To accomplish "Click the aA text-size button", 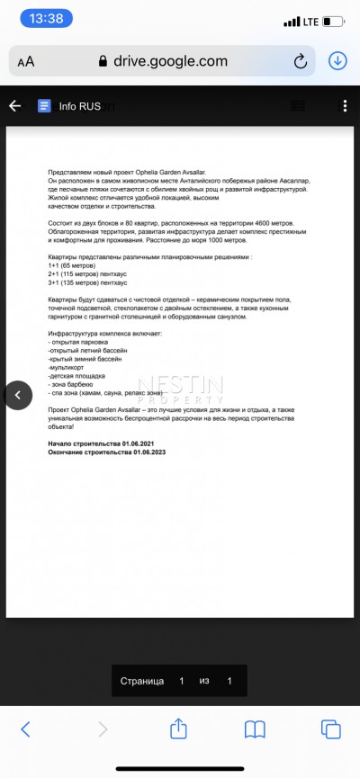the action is point(25,61).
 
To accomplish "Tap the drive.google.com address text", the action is point(170,61).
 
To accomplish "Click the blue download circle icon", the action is point(337,60).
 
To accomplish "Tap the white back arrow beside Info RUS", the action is point(14,105).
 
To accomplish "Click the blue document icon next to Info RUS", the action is point(43,105).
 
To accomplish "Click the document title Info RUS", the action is point(80,105).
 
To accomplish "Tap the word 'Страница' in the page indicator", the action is point(142,681).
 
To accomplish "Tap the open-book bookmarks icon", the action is point(256,729).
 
